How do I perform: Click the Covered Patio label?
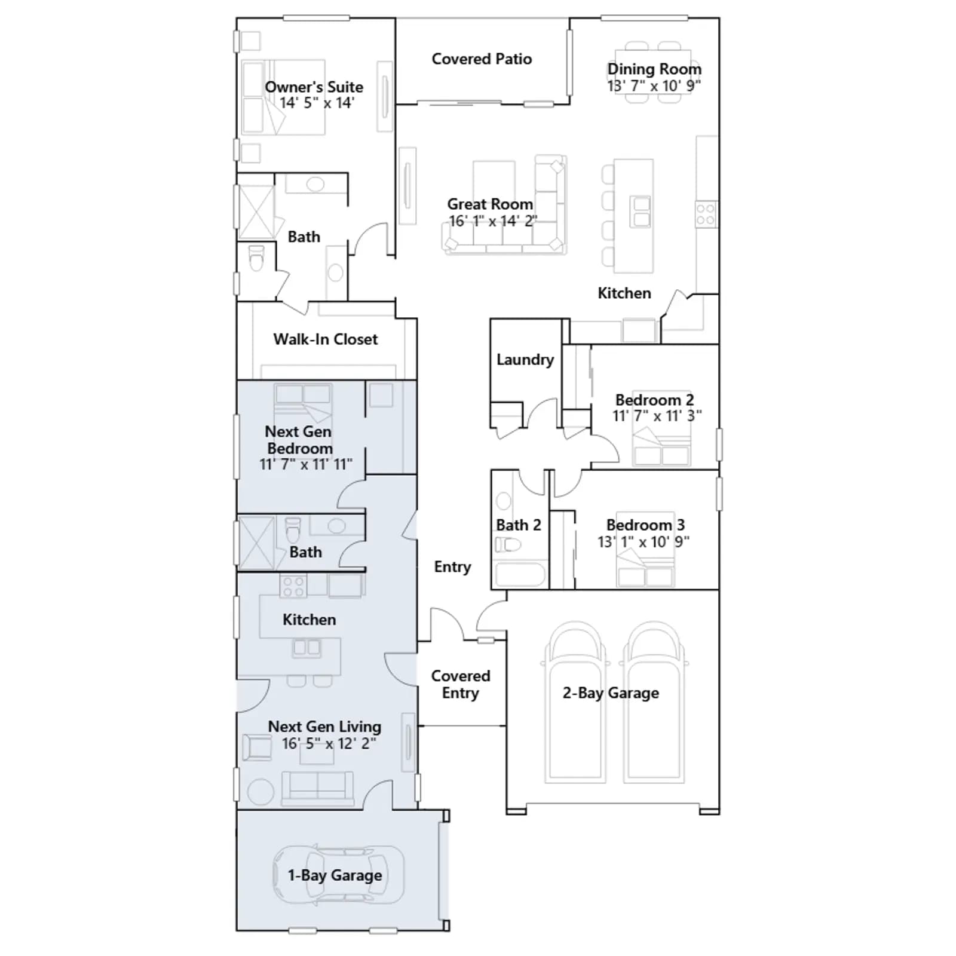coord(482,59)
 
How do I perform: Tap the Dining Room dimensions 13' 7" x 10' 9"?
coord(654,86)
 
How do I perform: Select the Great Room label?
coord(490,204)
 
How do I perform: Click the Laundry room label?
coord(525,360)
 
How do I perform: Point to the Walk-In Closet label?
coord(326,339)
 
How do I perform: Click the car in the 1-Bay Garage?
coord(338,875)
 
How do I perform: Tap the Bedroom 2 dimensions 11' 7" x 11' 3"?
coord(657,416)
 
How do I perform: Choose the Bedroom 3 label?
coord(645,525)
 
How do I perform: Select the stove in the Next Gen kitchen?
coord(293,586)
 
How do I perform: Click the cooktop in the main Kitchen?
coord(706,215)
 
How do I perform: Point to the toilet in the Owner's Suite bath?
coord(256,258)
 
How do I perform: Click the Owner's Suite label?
coord(314,87)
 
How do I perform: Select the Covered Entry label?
coord(460,685)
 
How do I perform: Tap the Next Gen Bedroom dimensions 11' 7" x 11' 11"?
coord(305,464)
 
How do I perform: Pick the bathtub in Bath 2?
coord(520,574)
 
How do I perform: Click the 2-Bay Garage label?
coord(611,693)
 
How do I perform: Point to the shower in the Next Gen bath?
coord(256,543)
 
